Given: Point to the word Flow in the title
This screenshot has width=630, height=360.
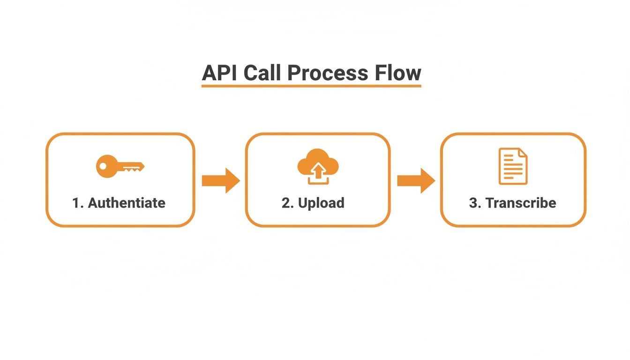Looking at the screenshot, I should point(397,73).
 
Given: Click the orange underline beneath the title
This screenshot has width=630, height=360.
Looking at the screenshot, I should point(311,86).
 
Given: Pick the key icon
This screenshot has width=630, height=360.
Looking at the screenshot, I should point(120,166).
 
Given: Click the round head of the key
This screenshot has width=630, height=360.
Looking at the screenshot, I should point(106,166).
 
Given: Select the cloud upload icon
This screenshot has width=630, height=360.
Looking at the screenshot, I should point(318,166).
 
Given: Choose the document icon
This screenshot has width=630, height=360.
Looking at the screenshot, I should point(513,166).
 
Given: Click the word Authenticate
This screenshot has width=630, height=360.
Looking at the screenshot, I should point(127,203).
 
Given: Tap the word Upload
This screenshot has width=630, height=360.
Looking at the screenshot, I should point(321,203).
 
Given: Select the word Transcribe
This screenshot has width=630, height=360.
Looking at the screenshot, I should point(520,203).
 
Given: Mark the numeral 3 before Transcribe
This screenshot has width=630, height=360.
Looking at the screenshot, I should point(472,203).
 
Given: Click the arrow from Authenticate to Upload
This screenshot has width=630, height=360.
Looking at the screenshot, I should point(220,180).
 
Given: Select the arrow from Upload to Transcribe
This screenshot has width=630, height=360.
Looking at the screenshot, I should point(416,180).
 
